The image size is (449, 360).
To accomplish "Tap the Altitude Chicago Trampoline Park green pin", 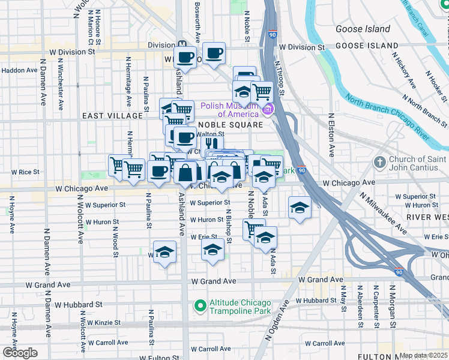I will click(200, 306).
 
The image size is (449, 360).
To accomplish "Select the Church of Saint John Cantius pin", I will click(379, 163).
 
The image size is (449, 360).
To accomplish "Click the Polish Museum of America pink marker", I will click(268, 110).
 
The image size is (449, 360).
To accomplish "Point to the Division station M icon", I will click(182, 45).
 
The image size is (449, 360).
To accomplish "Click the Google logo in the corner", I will click(20, 352).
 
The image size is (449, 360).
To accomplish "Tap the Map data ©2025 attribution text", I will click(423, 355).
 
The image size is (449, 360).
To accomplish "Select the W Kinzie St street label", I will click(103, 322).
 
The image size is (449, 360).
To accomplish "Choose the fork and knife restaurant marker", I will click(210, 144).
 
